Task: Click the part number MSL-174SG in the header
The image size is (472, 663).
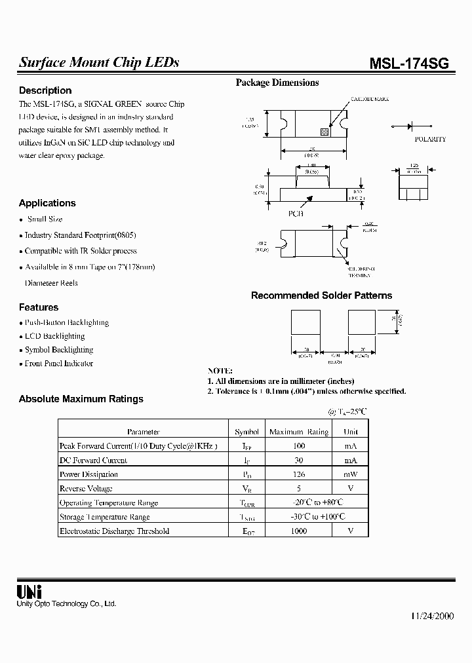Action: click(x=410, y=63)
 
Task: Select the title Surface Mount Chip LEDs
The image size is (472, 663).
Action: click(x=99, y=63)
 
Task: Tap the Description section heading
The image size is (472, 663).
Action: click(x=45, y=90)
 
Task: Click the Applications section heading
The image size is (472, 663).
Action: click(x=47, y=203)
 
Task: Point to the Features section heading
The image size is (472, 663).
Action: click(x=39, y=307)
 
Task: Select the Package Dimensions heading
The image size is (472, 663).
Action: click(x=277, y=83)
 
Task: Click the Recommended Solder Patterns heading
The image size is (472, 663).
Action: click(x=321, y=295)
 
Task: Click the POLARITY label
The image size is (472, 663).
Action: click(x=430, y=140)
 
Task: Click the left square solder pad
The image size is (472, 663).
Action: click(x=305, y=323)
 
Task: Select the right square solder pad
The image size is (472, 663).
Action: click(x=361, y=323)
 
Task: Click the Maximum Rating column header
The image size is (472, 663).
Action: click(x=299, y=432)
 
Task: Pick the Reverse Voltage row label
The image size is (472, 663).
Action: click(x=86, y=488)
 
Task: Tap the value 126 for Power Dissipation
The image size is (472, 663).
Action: click(x=298, y=474)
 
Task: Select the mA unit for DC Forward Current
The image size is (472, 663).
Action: click(x=350, y=460)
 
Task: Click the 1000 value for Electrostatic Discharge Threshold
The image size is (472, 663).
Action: click(x=298, y=531)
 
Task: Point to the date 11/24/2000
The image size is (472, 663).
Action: click(x=432, y=616)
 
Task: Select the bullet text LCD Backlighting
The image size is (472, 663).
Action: click(x=54, y=336)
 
